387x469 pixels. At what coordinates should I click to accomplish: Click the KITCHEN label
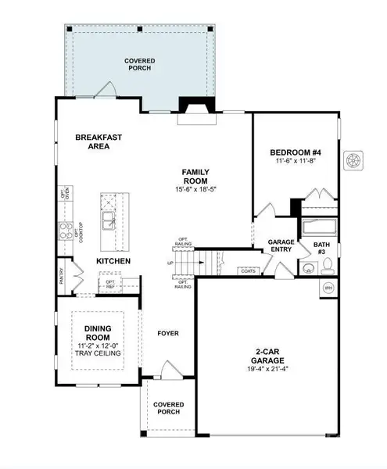(x=113, y=260)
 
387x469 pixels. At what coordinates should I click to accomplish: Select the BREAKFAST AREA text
(x=98, y=141)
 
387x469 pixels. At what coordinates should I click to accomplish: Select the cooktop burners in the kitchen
(x=62, y=231)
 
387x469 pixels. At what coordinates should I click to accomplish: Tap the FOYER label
(x=167, y=334)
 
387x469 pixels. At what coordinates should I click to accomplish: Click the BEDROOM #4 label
(x=295, y=152)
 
